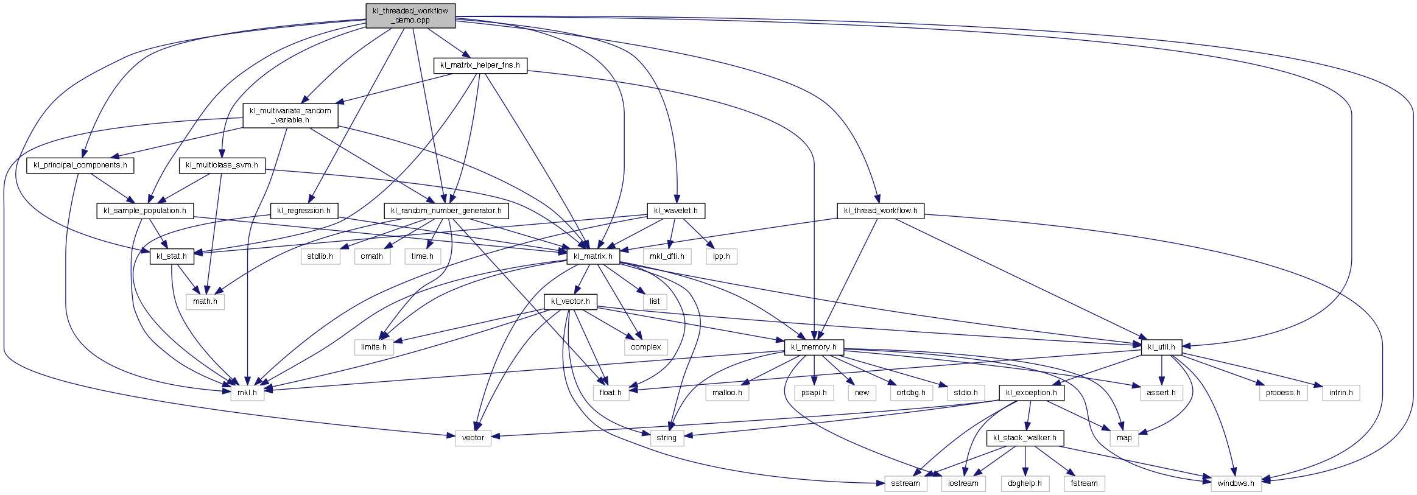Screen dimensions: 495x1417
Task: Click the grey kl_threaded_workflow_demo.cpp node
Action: pyautogui.click(x=410, y=15)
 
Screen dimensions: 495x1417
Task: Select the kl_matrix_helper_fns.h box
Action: pyautogui.click(x=480, y=65)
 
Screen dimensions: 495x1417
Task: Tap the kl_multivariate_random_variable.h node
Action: pyautogui.click(x=290, y=115)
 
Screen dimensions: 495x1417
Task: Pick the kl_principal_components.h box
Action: pyautogui.click(x=80, y=165)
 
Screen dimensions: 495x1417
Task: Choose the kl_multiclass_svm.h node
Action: pyautogui.click(x=222, y=165)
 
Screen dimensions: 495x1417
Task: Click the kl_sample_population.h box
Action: pyautogui.click(x=145, y=211)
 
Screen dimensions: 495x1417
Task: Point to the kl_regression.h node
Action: pyautogui.click(x=304, y=211)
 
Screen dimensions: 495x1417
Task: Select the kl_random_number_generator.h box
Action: pyautogui.click(x=446, y=211)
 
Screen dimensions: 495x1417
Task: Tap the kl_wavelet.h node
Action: pyautogui.click(x=676, y=211)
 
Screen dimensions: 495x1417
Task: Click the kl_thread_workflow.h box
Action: pyautogui.click(x=881, y=211)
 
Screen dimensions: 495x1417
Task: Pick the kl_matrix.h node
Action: pyautogui.click(x=593, y=256)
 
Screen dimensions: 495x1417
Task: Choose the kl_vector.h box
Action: pyautogui.click(x=570, y=301)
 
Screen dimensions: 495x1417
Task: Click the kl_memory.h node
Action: pyautogui.click(x=814, y=347)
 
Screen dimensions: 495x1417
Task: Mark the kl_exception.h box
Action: pyautogui.click(x=1032, y=393)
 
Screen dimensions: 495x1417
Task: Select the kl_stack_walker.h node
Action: pyautogui.click(x=1025, y=438)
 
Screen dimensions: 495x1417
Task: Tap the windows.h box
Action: pyautogui.click(x=1236, y=483)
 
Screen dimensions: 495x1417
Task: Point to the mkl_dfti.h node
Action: pyautogui.click(x=667, y=256)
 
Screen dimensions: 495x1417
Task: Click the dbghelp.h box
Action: pyautogui.click(x=1025, y=483)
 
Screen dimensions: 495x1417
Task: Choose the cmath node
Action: pyautogui.click(x=372, y=256)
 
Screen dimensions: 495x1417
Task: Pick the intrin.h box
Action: pyautogui.click(x=1341, y=393)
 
